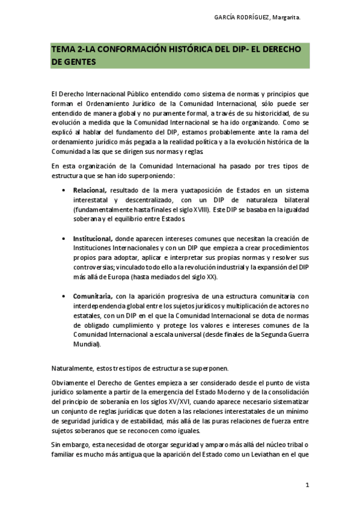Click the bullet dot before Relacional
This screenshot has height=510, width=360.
[64, 191]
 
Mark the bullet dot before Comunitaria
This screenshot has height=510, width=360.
[64, 296]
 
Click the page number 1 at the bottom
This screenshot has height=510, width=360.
[307, 485]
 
